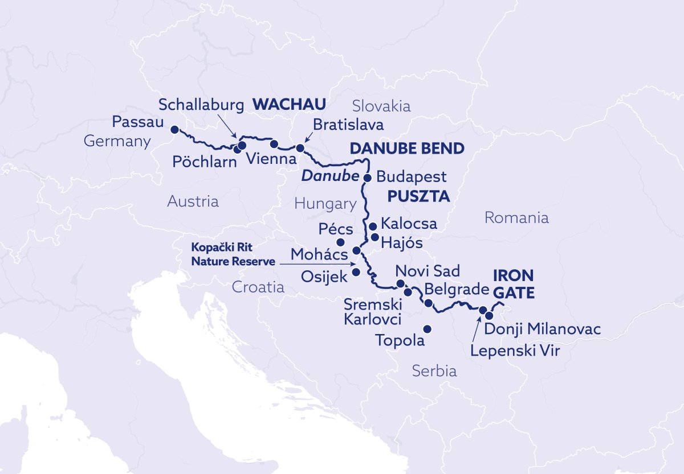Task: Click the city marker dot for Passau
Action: pos(174,129)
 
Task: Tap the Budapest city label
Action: pos(412,177)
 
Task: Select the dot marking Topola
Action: pos(426,329)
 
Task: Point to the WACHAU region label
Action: pos(290,104)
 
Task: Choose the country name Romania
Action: pos(516,217)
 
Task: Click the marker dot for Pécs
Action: pos(341,242)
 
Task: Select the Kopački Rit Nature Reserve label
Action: pos(233,255)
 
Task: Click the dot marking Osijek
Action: pos(356,272)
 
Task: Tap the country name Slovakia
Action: pos(381,106)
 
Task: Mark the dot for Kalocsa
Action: pos(373,226)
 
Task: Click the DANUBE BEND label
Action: pos(407,149)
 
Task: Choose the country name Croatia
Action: pos(258,287)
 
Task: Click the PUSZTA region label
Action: pos(419,197)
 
